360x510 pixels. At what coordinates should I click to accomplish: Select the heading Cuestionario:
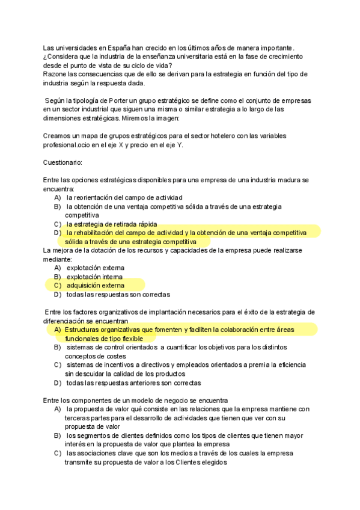[x=63, y=162]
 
